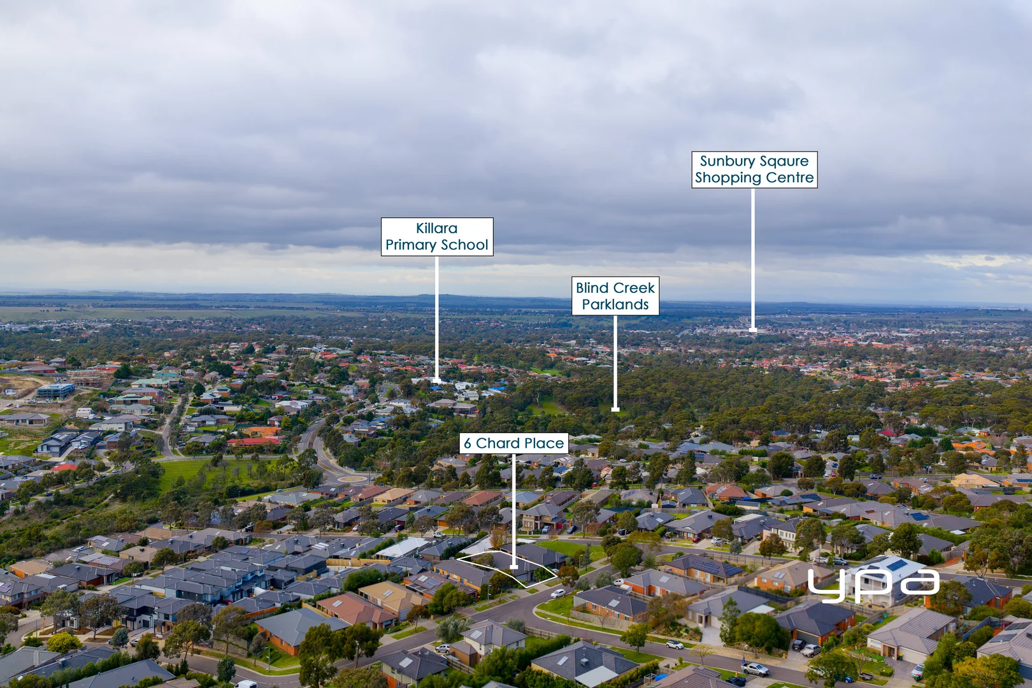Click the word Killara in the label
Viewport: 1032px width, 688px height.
pyautogui.click(x=437, y=228)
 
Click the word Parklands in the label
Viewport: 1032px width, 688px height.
pyautogui.click(x=615, y=305)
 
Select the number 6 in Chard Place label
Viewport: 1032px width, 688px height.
pyautogui.click(x=467, y=443)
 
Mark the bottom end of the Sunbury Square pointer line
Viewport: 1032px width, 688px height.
pyautogui.click(x=753, y=330)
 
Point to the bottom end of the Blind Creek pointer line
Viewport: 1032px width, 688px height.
pyautogui.click(x=615, y=409)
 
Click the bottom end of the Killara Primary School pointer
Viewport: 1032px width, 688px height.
pyautogui.click(x=437, y=382)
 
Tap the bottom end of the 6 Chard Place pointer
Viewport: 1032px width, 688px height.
pyautogui.click(x=513, y=567)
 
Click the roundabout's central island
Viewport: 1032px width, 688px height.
pyautogui.click(x=352, y=478)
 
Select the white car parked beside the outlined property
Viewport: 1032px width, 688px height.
pyautogui.click(x=557, y=593)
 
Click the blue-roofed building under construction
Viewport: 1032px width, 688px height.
pyautogui.click(x=55, y=391)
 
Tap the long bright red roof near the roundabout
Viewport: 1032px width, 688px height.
pyautogui.click(x=254, y=441)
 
